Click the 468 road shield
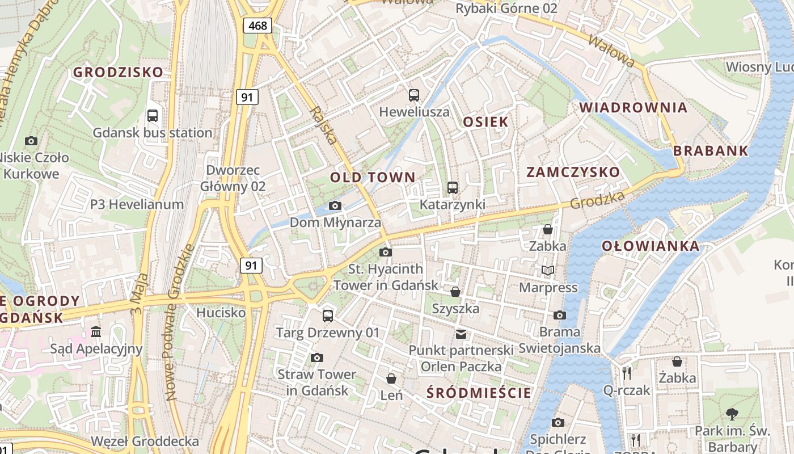tap(257, 25)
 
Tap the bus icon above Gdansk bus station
tap(153, 116)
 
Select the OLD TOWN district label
tap(373, 177)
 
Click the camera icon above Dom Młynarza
tap(335, 205)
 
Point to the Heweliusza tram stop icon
tap(414, 95)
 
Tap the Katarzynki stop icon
tap(452, 187)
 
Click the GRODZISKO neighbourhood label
tap(118, 72)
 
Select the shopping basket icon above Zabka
tap(547, 229)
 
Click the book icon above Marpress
tap(547, 271)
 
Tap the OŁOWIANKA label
tap(650, 246)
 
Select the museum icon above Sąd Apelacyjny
tap(96, 331)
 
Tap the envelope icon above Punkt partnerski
tap(461, 334)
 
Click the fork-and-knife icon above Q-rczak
tap(627, 373)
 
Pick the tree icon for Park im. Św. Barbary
tap(732, 414)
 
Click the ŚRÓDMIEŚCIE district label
tap(479, 393)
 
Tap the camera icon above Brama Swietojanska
tap(559, 315)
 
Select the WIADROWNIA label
tap(633, 107)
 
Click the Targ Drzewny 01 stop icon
tap(327, 316)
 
